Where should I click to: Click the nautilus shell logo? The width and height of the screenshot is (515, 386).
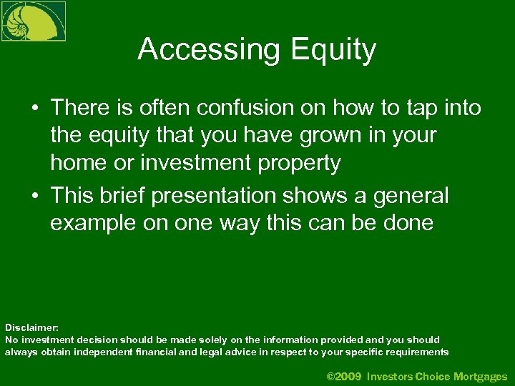click(x=33, y=21)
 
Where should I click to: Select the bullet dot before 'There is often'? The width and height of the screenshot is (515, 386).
click(x=34, y=109)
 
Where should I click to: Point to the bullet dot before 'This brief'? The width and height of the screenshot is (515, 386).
click(x=34, y=196)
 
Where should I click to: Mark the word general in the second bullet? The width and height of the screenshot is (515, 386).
click(x=414, y=195)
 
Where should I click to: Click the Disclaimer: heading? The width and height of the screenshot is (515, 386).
click(x=31, y=327)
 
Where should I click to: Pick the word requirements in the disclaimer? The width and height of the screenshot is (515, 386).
click(x=416, y=352)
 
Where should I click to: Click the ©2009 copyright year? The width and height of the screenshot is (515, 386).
click(x=344, y=376)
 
